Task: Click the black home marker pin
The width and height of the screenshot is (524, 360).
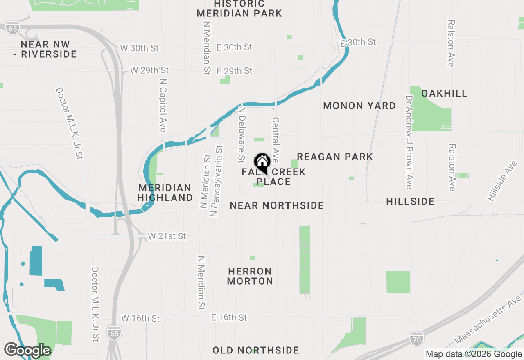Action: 262,162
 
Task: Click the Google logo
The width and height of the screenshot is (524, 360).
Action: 27,350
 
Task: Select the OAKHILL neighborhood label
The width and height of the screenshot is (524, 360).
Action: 444,93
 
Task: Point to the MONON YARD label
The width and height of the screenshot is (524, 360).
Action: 359,106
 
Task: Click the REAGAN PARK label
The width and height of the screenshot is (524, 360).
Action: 335,157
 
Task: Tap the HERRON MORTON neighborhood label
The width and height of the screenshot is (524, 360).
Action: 250,276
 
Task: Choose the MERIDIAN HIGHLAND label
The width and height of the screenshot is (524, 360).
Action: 165,193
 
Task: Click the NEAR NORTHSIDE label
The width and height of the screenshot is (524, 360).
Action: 277,205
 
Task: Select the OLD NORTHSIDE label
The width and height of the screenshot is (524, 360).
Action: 256,350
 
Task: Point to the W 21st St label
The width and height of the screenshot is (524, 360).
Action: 167,236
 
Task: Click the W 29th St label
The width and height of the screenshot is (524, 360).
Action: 149,70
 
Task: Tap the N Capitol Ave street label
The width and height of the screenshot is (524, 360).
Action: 163,105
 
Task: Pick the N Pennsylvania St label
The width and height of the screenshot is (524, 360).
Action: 216,180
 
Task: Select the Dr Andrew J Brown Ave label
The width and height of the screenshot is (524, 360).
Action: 409,142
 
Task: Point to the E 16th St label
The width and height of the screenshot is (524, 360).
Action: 229,317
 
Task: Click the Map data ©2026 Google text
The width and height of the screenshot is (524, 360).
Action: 474,354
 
